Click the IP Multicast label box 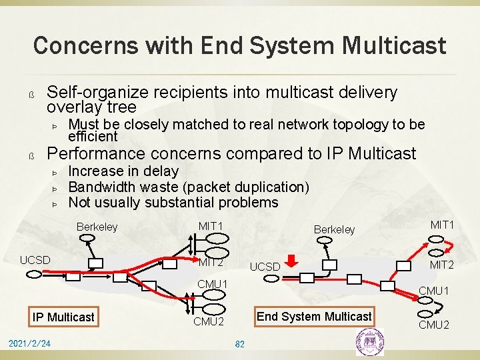coord(64,317)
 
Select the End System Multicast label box coord(314,317)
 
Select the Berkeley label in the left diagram coord(97,227)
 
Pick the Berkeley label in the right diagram coord(334,229)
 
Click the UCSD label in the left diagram coord(35,259)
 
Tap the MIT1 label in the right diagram coord(443,225)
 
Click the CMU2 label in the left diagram coord(209,322)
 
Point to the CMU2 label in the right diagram coord(433,325)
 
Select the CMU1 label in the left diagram coord(212,285)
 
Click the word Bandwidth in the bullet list coord(100,187)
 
